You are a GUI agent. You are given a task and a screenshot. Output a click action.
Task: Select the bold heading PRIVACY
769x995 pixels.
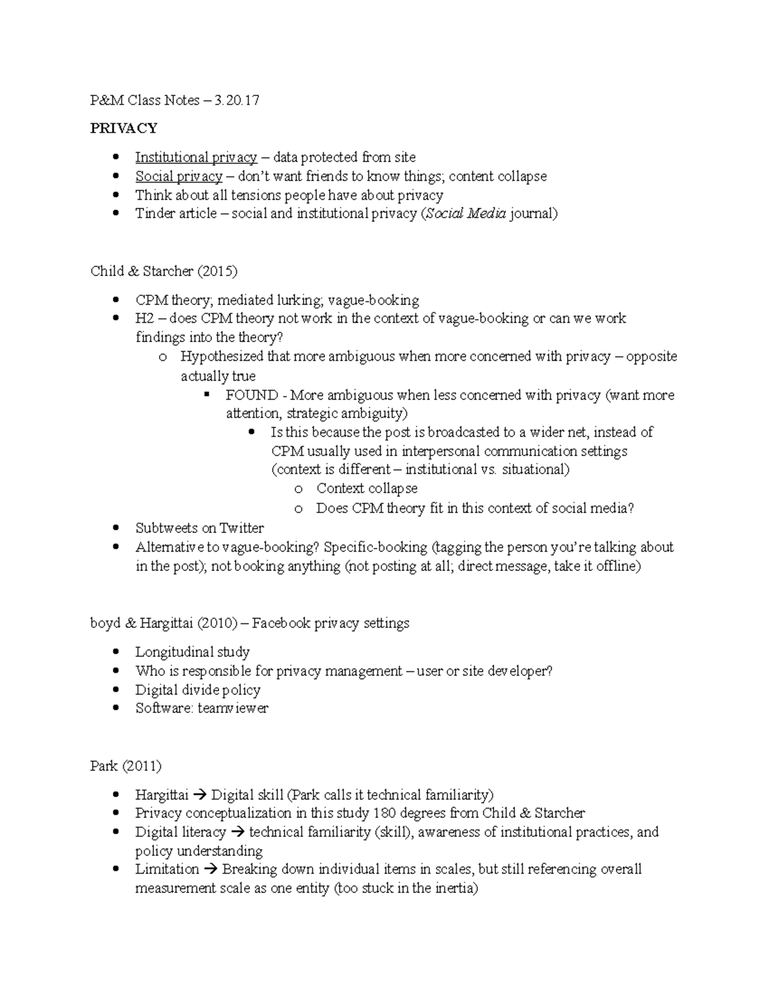(x=124, y=128)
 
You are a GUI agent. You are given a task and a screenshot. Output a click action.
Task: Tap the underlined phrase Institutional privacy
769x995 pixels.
(x=195, y=157)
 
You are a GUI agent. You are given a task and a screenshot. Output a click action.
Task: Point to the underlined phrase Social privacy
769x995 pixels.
(x=178, y=176)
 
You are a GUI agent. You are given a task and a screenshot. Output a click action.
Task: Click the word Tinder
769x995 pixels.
(x=154, y=213)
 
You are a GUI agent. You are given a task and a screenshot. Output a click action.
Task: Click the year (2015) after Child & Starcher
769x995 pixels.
(x=217, y=271)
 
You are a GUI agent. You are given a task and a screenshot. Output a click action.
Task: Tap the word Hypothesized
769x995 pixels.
(x=222, y=356)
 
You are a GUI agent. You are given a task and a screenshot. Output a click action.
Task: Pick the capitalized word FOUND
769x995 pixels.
(x=252, y=395)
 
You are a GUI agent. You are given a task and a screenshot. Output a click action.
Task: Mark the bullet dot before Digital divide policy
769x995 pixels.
(x=116, y=690)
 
